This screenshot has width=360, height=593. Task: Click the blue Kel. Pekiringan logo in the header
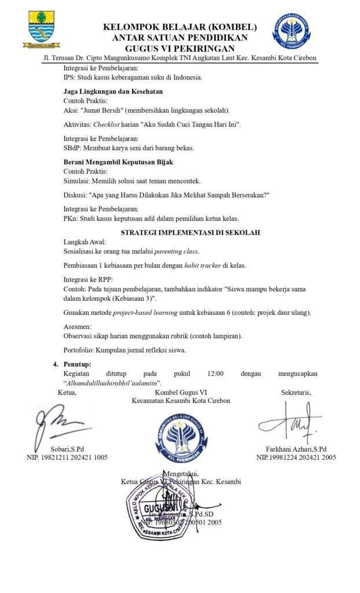click(x=291, y=31)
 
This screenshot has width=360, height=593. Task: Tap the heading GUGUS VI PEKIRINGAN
click(x=180, y=49)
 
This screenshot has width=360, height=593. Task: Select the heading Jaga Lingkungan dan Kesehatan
click(x=113, y=91)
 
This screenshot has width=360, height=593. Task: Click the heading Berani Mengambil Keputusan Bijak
click(x=118, y=162)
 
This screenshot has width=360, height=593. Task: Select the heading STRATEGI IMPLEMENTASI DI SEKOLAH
click(x=190, y=233)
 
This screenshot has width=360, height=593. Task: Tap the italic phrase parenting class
click(x=176, y=251)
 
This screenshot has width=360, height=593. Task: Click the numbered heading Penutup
click(x=78, y=364)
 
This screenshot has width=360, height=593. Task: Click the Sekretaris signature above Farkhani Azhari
click(x=292, y=424)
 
